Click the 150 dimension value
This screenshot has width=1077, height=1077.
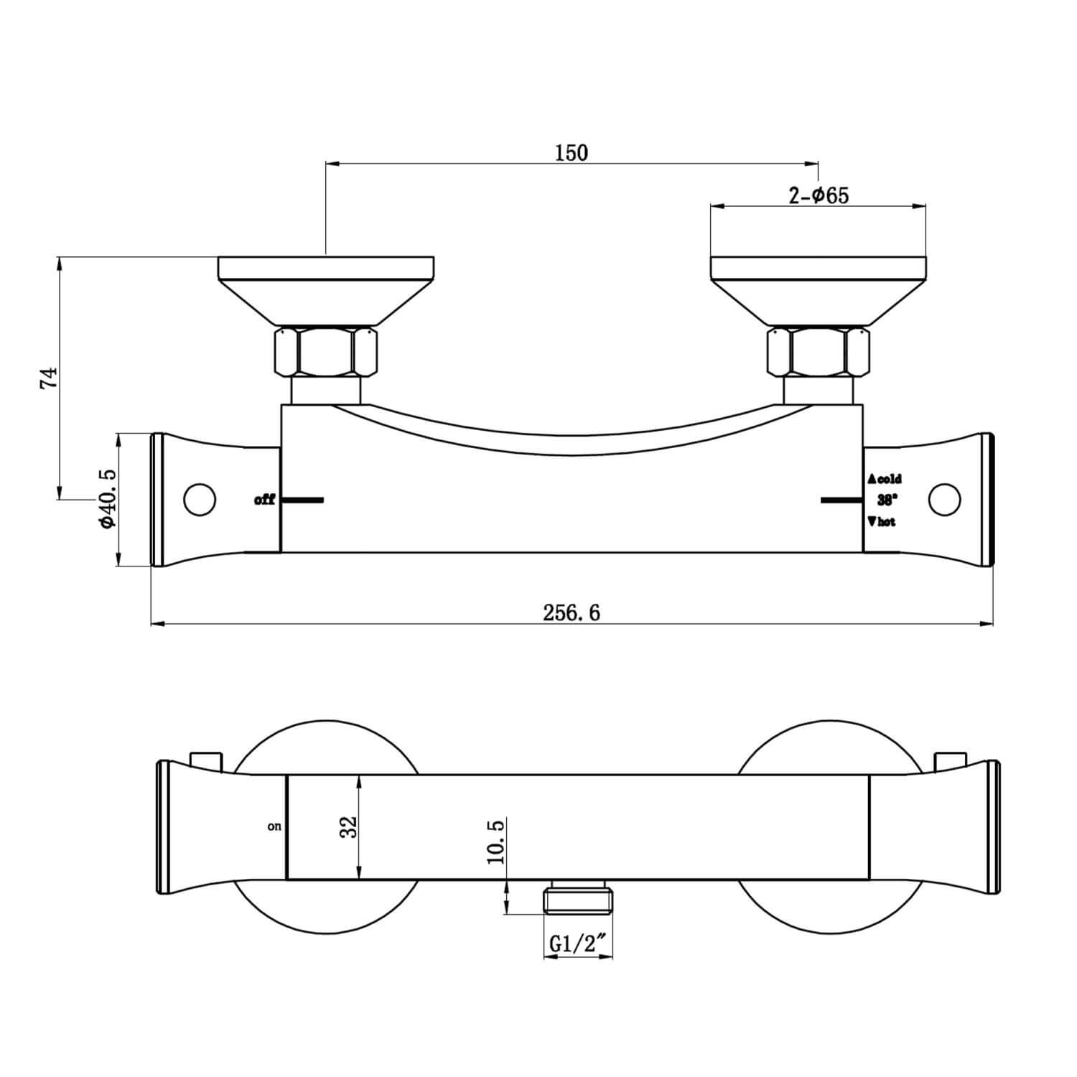tap(572, 153)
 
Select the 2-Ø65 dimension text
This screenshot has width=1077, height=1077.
tap(819, 195)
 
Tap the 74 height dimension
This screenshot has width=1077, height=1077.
tap(47, 378)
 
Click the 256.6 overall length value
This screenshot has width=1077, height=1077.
tap(572, 612)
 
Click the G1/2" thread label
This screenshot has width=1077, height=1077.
tap(577, 945)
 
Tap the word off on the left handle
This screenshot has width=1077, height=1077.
tap(264, 500)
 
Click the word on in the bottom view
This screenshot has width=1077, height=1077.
tap(274, 826)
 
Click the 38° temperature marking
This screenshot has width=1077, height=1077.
tap(885, 500)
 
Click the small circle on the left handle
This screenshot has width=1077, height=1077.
tap(200, 499)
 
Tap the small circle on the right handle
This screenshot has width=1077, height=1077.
tap(944, 499)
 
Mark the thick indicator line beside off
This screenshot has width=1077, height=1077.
tap(302, 499)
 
